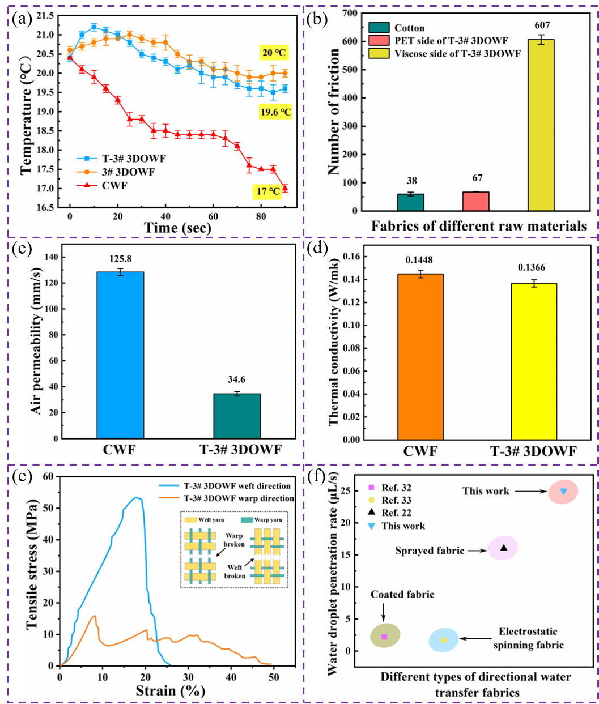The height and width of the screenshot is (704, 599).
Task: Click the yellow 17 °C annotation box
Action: coord(269,191)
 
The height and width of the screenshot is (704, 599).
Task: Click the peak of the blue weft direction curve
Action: coord(136,498)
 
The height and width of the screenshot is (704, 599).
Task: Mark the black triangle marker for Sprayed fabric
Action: coord(504,548)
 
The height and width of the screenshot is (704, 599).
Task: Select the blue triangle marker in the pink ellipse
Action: coord(563,491)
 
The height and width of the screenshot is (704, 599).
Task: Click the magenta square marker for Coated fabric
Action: coord(384,637)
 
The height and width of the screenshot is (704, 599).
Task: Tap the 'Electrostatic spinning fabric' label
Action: coord(528,638)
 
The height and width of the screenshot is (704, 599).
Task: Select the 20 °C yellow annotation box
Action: coord(273,53)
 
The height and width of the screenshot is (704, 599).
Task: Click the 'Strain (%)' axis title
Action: coord(170,691)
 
